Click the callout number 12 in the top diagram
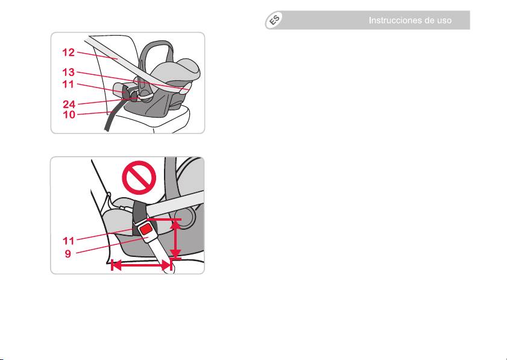(69, 52)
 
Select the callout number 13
(69, 72)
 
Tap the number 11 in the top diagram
(69, 84)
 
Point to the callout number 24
(69, 104)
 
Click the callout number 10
(69, 115)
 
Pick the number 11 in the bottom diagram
(69, 241)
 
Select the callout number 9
(68, 254)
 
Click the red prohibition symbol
(139, 177)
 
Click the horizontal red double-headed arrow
(141, 265)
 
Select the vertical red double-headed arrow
(175, 239)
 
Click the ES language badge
(274, 21)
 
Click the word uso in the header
(444, 21)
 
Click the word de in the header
(430, 21)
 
